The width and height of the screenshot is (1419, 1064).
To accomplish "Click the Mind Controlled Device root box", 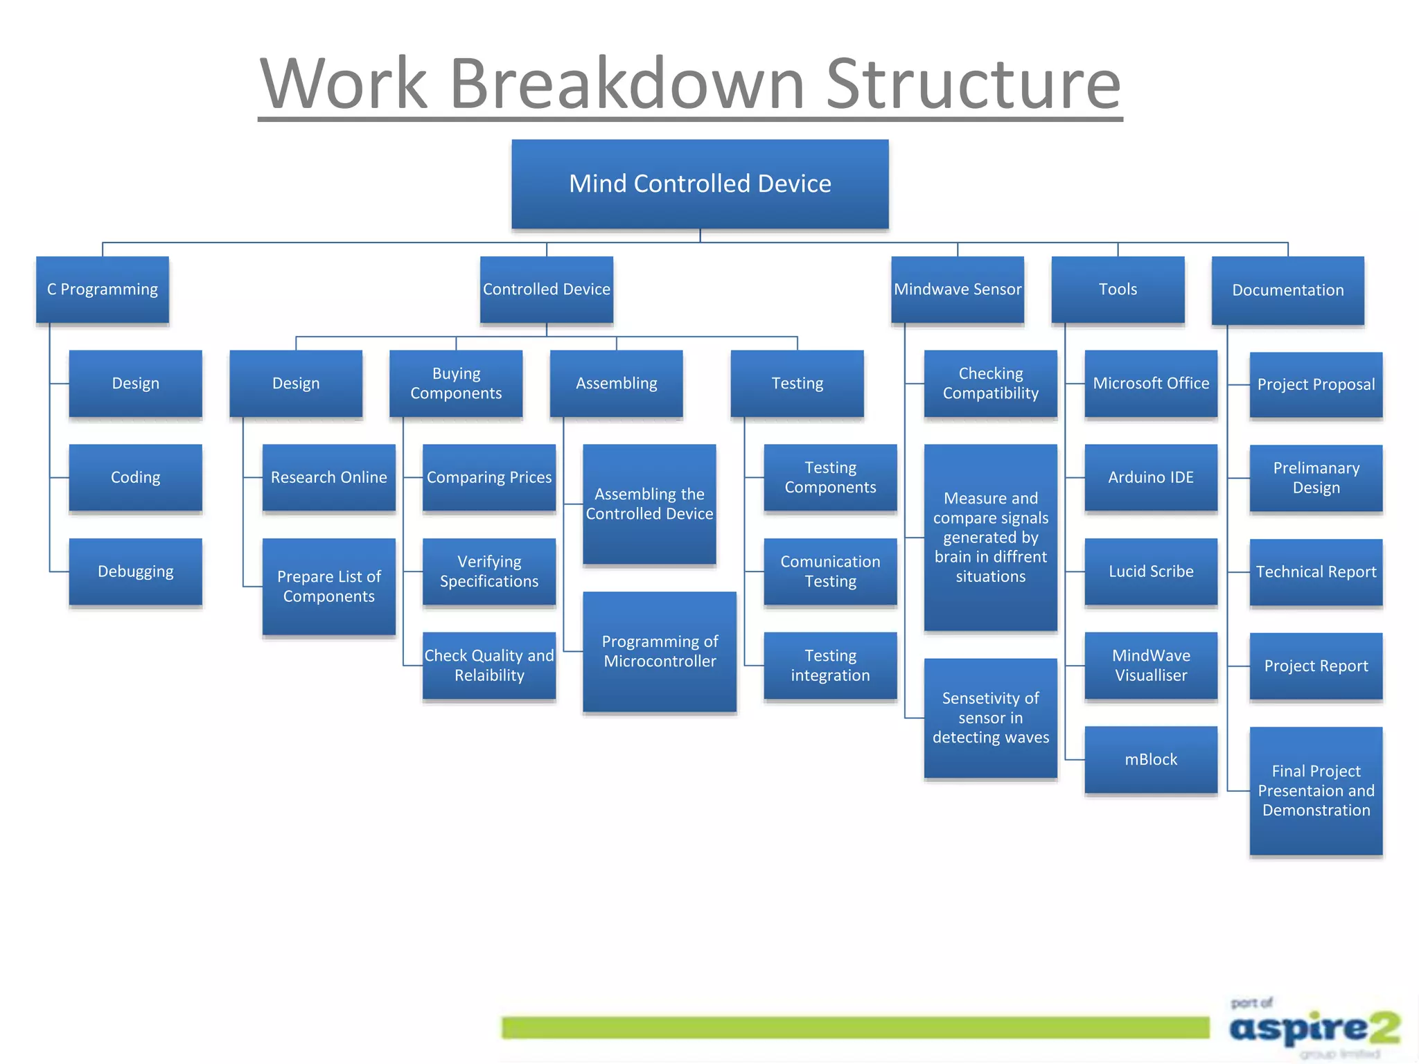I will click(700, 184).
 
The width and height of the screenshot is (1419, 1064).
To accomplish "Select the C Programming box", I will click(103, 290).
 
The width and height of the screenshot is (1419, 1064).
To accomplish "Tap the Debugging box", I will click(136, 571).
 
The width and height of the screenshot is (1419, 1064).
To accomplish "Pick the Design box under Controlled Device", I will click(296, 383).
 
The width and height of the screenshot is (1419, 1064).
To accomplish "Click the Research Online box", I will click(329, 477).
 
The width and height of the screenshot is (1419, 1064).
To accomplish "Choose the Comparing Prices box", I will click(489, 477).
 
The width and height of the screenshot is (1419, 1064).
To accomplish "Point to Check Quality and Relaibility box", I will click(489, 665).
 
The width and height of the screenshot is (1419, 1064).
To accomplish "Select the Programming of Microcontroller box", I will click(660, 651).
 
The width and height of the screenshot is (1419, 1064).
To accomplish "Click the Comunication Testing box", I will click(830, 571).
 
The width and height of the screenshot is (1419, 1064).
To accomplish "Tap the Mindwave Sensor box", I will click(958, 290).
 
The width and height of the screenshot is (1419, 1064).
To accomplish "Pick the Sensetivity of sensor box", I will click(991, 718).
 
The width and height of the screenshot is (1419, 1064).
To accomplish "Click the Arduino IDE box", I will click(1151, 477).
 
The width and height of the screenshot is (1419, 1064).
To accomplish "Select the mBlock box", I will click(1151, 759).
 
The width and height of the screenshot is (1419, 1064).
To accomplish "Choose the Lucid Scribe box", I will click(1151, 571).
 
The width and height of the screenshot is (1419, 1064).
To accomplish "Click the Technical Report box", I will click(1316, 571).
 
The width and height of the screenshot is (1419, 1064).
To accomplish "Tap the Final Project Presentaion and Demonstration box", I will click(1316, 790).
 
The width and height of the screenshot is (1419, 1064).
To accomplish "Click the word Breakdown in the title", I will click(627, 85).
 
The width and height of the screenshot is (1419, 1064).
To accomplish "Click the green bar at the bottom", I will click(856, 1027).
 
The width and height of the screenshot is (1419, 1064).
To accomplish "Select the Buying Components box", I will click(456, 383).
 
